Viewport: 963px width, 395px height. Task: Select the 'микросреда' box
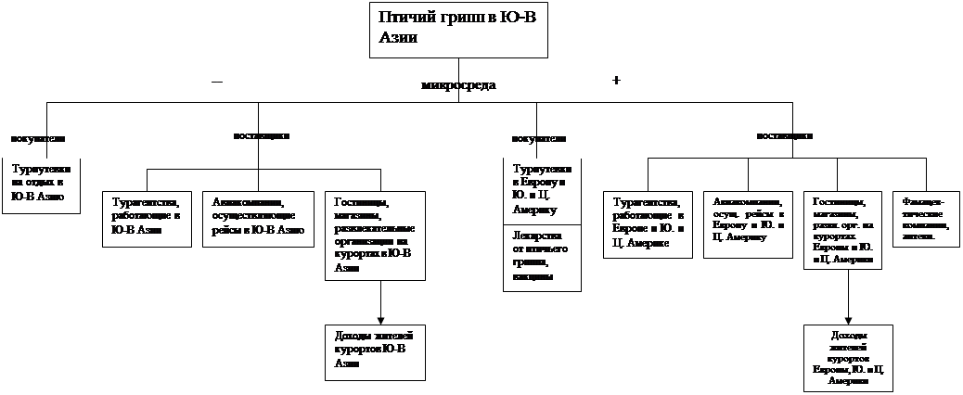[x=458, y=85]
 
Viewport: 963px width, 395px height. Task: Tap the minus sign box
[x=225, y=80]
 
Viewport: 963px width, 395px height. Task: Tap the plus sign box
[x=625, y=81]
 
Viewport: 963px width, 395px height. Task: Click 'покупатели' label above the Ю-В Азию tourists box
[x=40, y=139]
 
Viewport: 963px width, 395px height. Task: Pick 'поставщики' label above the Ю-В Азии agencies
[x=269, y=135]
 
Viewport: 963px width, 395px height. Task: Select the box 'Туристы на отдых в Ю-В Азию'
[x=42, y=185]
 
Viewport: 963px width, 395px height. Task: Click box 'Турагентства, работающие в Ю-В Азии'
[x=146, y=218]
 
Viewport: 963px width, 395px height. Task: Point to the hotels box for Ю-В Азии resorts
[x=375, y=236]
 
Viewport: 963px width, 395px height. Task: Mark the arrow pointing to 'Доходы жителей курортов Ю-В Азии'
[x=380, y=302]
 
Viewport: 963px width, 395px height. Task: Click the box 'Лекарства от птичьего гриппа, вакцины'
[x=541, y=257]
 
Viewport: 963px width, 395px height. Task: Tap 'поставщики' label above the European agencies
[x=786, y=136]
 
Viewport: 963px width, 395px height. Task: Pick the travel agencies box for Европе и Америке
[x=648, y=223]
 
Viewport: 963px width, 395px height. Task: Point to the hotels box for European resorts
[x=842, y=230]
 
